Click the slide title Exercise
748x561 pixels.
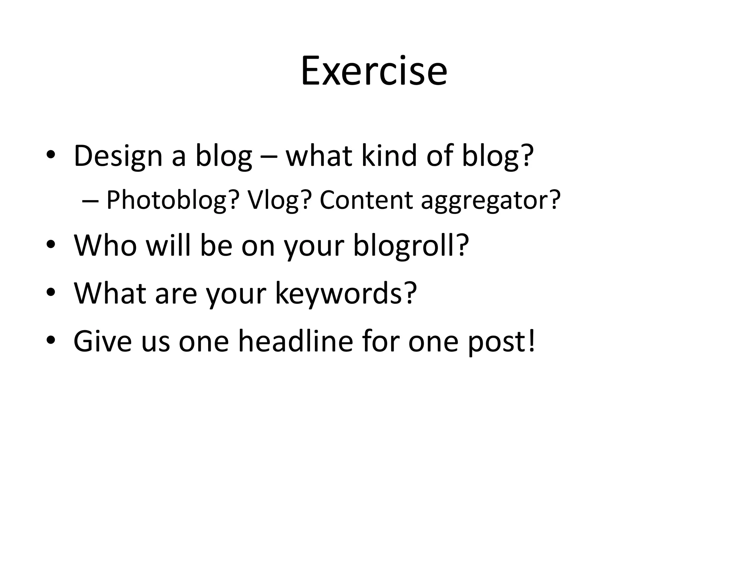(x=374, y=71)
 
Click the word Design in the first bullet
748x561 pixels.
(x=118, y=156)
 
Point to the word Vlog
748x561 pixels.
(x=279, y=200)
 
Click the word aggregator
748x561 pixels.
(x=491, y=200)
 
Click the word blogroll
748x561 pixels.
(x=411, y=245)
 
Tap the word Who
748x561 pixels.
(x=105, y=245)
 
